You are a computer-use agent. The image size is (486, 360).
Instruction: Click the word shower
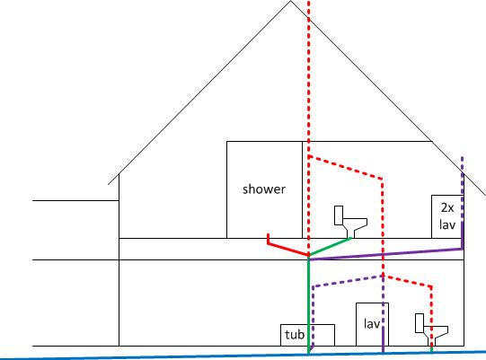point(264,189)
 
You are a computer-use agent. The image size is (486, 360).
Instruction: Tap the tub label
point(295,335)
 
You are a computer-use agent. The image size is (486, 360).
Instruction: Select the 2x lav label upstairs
point(447,216)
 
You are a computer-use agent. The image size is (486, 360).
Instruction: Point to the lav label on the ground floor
point(372,324)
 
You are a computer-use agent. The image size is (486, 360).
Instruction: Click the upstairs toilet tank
point(339,215)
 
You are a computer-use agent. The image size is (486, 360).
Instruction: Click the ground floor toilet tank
point(420,323)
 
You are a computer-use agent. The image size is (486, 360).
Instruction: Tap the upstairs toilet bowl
point(355,226)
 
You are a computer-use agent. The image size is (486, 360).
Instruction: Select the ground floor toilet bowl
point(436,334)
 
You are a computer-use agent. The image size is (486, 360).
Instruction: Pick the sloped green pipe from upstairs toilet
point(330,247)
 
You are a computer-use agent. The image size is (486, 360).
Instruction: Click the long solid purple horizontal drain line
point(386,254)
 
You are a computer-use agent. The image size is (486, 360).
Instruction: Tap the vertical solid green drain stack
point(308,305)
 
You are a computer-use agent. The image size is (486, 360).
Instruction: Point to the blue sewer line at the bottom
point(243,356)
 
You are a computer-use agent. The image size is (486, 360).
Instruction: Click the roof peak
point(290,1)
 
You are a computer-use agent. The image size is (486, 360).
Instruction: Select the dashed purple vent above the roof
point(463,165)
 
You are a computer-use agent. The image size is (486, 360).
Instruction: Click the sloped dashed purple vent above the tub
point(348,281)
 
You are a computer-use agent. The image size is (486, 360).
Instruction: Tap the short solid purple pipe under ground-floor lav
point(383,339)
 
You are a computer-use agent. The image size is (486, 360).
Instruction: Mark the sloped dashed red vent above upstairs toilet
point(346,167)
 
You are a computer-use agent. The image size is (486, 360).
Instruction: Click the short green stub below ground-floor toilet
point(431,349)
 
